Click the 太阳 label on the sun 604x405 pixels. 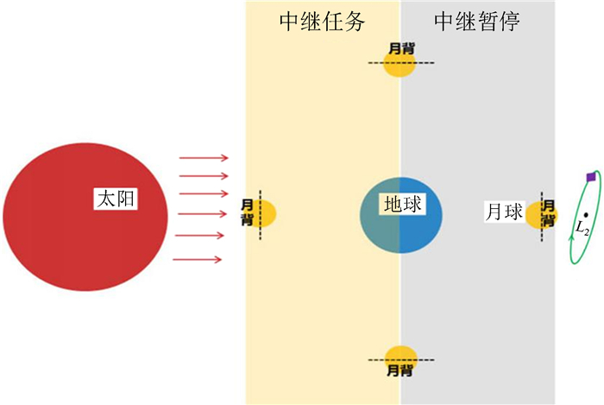(116, 200)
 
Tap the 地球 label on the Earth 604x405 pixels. (402, 205)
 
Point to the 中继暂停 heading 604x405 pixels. (476, 22)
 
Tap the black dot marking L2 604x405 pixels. (586, 214)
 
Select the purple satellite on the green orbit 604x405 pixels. (590, 176)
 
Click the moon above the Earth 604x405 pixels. (400, 66)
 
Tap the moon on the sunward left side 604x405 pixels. (264, 212)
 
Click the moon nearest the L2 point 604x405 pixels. (537, 212)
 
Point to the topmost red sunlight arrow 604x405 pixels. (204, 158)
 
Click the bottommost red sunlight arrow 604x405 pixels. (199, 258)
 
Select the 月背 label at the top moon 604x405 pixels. (400, 48)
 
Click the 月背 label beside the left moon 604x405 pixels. (248, 212)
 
